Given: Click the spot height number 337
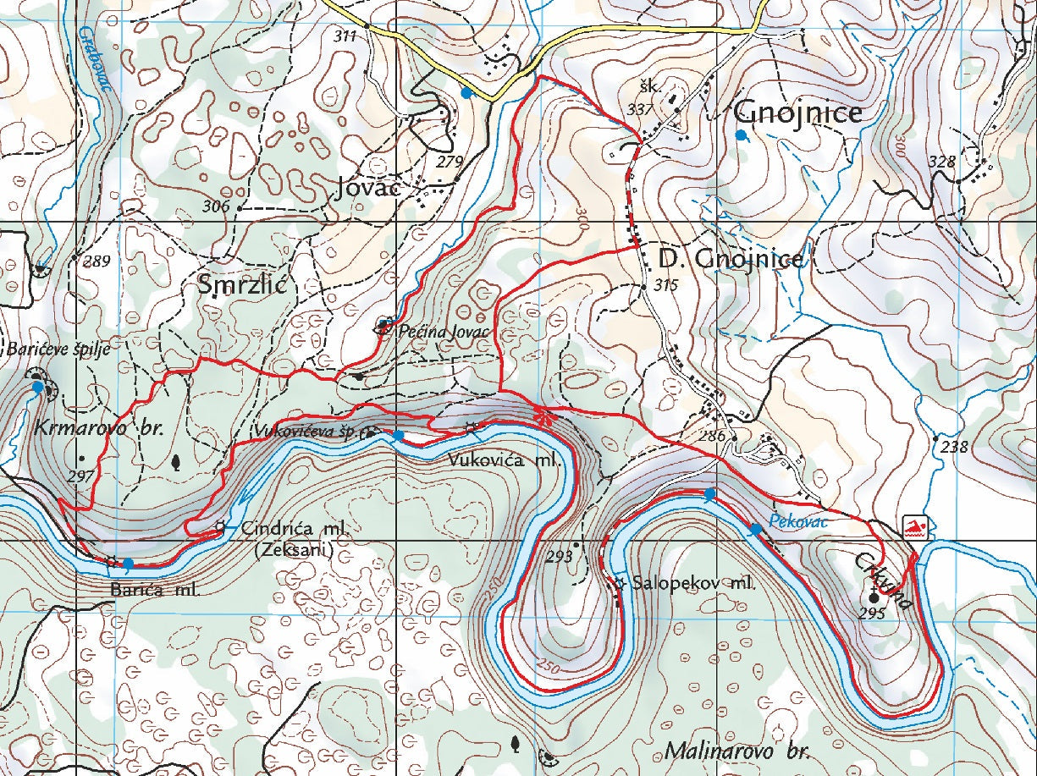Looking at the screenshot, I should click(640, 109).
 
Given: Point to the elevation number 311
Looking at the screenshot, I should click(345, 36).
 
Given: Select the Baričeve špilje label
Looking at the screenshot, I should click(59, 349).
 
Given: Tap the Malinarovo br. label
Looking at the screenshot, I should click(737, 751).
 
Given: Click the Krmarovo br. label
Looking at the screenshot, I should click(98, 428).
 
